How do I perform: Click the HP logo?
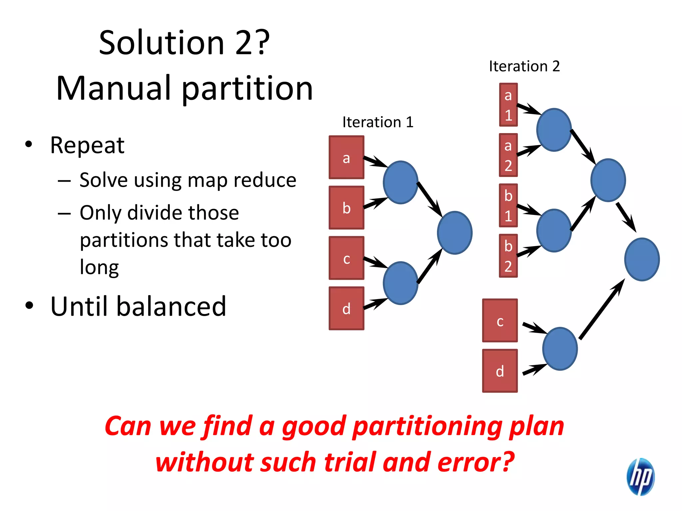(x=640, y=476)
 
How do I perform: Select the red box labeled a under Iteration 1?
(x=346, y=157)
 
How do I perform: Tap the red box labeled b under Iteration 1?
(x=346, y=208)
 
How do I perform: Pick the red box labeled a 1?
(x=508, y=105)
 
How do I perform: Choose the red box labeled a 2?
(x=508, y=155)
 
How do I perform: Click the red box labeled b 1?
(x=508, y=205)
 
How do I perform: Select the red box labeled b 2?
(x=508, y=256)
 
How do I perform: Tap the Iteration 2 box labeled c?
(x=500, y=320)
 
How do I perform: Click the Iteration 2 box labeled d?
(x=500, y=371)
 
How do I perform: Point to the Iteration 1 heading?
(x=378, y=122)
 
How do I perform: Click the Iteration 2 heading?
(x=524, y=66)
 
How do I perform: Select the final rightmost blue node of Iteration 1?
(x=455, y=233)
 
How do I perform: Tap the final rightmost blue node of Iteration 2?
(x=642, y=259)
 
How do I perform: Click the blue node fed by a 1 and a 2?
(x=554, y=130)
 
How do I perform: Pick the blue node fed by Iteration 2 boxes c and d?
(x=560, y=348)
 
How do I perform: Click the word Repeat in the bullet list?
(x=87, y=145)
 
